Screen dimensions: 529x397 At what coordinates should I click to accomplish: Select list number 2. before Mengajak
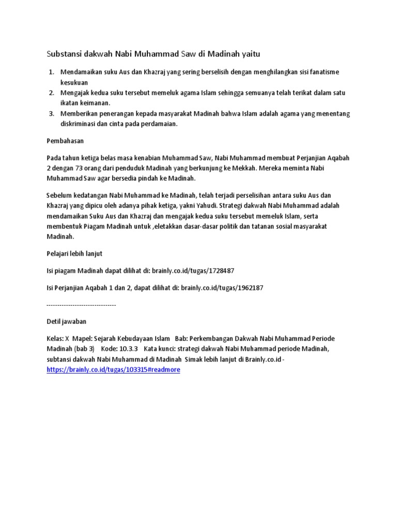click(51, 92)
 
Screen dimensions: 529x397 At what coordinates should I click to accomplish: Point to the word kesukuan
click(74, 82)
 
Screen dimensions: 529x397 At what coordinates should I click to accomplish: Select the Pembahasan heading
click(65, 141)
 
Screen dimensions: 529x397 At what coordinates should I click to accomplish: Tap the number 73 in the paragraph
click(86, 167)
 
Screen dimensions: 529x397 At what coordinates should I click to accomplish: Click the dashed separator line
click(81, 305)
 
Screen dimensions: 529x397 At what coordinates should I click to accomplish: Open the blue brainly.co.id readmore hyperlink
click(113, 370)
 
